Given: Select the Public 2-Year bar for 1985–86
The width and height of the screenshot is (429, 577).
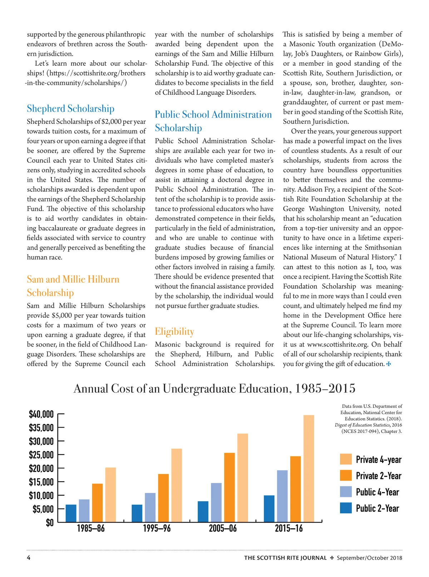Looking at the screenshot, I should (x=71, y=513).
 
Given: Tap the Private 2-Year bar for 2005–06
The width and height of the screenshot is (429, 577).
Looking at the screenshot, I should (x=230, y=487).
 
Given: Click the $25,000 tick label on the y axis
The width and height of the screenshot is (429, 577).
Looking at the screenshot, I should (x=41, y=455).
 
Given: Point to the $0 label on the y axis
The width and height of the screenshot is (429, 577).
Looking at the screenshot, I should (x=49, y=523).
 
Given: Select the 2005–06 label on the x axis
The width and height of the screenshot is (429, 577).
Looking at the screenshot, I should (x=223, y=528).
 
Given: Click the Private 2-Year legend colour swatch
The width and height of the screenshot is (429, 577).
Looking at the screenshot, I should (x=346, y=476).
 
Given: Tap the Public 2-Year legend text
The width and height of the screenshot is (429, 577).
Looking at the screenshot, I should (x=377, y=508).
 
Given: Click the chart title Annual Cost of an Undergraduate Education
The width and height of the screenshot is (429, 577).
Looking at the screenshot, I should (x=214, y=388).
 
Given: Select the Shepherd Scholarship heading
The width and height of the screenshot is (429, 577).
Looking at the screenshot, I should (x=70, y=108).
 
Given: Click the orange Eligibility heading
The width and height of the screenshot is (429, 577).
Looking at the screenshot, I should (x=174, y=331).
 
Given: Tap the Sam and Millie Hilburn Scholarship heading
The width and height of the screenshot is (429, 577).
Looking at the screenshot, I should (x=73, y=286).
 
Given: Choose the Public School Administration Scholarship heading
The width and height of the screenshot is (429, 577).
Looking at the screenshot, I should (x=213, y=121).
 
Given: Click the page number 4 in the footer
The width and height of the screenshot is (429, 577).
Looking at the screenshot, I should (x=29, y=558).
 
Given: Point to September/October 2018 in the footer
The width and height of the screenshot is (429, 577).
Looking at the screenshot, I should (x=369, y=558).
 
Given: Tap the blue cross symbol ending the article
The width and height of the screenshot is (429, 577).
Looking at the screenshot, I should (x=389, y=364).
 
